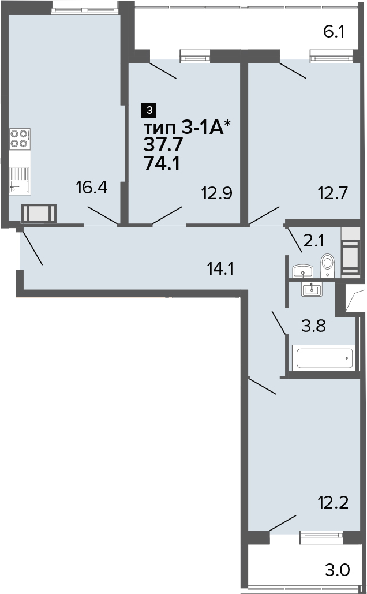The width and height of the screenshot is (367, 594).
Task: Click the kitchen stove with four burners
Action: coord(20,139)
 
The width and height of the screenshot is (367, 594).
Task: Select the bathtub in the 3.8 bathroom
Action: coord(324,358)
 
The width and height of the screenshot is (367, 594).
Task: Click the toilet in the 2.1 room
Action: coord(327,266)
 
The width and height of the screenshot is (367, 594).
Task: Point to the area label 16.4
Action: coord(92,187)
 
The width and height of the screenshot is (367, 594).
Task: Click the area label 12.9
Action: coord(216,193)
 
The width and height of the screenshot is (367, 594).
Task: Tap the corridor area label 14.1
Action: coord(219,270)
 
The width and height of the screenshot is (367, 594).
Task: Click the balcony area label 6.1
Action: coord(334,32)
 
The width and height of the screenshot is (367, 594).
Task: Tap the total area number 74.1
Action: coord(162,165)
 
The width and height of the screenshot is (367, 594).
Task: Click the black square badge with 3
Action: coord(149,110)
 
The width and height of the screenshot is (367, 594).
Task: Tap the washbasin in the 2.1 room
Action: coord(302,271)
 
